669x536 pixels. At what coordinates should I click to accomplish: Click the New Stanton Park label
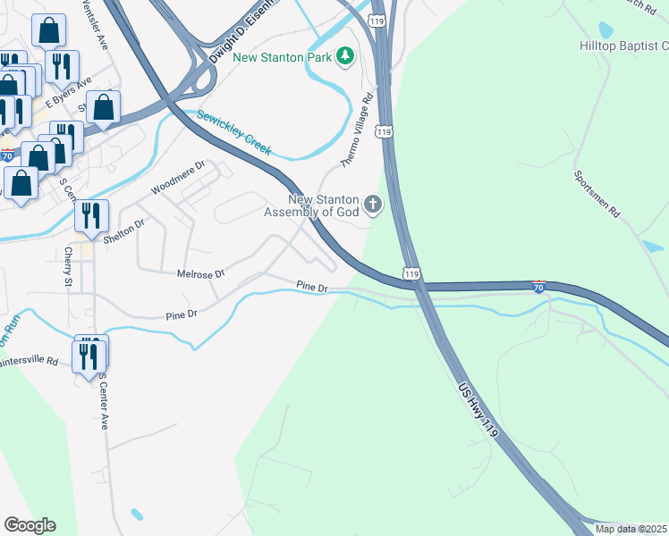[282, 57]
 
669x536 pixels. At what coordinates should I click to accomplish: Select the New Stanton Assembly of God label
[310, 205]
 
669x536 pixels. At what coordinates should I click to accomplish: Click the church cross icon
[373, 206]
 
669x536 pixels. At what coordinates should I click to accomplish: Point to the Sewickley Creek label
[233, 130]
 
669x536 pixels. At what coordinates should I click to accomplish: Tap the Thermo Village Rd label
[356, 132]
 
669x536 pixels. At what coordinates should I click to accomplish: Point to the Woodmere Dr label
[178, 177]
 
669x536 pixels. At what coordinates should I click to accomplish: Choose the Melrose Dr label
[200, 273]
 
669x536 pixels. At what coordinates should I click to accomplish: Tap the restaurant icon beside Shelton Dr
[91, 216]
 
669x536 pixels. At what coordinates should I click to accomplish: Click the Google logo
[30, 525]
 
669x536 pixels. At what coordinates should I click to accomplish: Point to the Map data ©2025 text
[630, 529]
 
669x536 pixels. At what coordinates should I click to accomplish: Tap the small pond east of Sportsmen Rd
[652, 247]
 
